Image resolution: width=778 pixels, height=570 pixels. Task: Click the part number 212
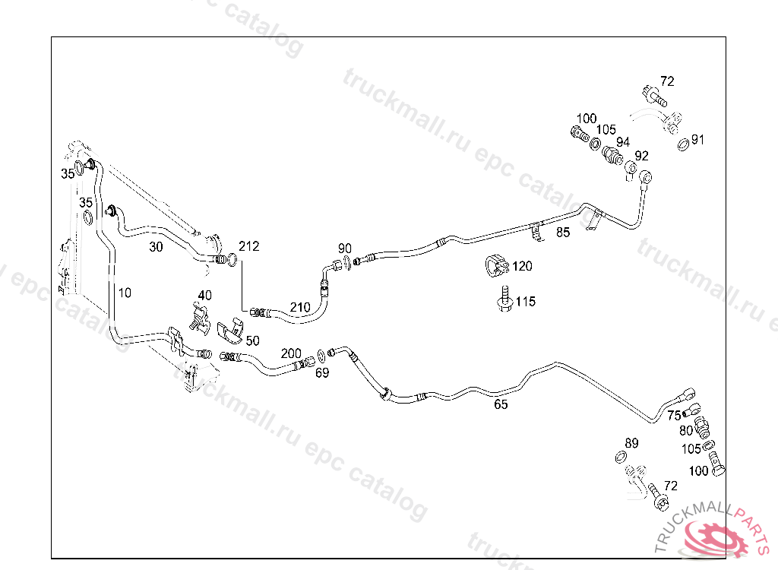pyautogui.click(x=248, y=246)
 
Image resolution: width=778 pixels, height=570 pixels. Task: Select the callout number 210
pyautogui.click(x=300, y=307)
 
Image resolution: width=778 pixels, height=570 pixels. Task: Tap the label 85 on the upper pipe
pyautogui.click(x=562, y=233)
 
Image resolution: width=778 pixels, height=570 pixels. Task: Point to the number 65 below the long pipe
pyautogui.click(x=501, y=404)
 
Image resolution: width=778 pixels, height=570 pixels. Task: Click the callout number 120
pyautogui.click(x=522, y=266)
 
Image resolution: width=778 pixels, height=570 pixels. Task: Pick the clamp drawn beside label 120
pyautogui.click(x=496, y=265)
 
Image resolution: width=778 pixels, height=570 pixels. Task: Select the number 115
pyautogui.click(x=525, y=302)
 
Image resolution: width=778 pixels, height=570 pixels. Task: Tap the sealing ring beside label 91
pyautogui.click(x=682, y=143)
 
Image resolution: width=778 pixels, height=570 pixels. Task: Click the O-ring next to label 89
pyautogui.click(x=620, y=456)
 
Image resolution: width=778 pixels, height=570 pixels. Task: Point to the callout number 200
pyautogui.click(x=291, y=354)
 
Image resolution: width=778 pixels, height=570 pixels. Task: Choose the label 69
pyautogui.click(x=322, y=372)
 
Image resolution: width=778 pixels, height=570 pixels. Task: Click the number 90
pyautogui.click(x=345, y=248)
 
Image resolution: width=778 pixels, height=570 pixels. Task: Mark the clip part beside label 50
pyautogui.click(x=229, y=331)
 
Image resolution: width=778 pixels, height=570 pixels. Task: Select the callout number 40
pyautogui.click(x=204, y=295)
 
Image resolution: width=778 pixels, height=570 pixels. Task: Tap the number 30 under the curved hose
pyautogui.click(x=156, y=246)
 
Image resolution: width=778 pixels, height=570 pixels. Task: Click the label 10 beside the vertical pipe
pyautogui.click(x=125, y=292)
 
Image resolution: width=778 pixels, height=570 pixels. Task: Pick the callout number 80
pyautogui.click(x=687, y=430)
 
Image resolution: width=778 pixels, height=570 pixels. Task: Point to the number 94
pyautogui.click(x=623, y=142)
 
